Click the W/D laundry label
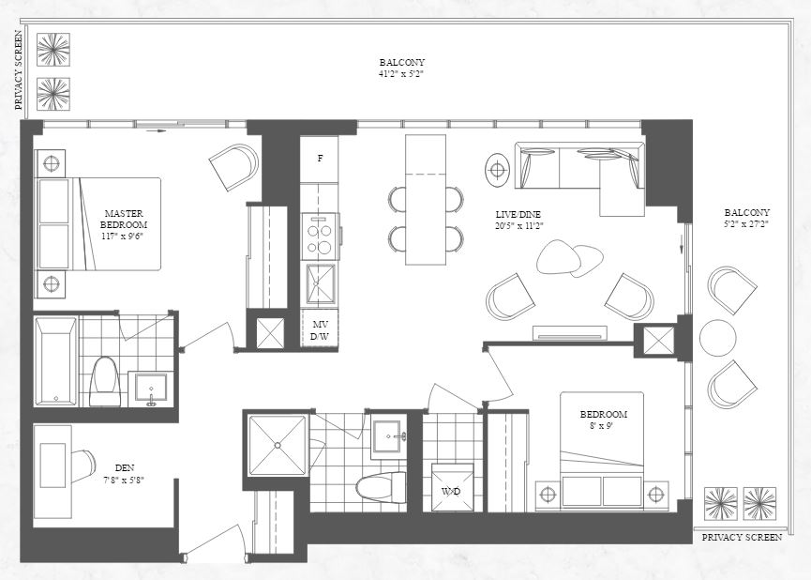[x=451, y=491]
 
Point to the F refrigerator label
[x=320, y=159]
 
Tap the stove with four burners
[x=320, y=236]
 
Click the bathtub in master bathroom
[x=55, y=361]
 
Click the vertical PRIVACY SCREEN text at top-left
[x=18, y=70]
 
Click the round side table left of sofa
[x=497, y=170]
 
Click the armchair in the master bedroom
[x=233, y=167]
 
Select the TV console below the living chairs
[x=569, y=332]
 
